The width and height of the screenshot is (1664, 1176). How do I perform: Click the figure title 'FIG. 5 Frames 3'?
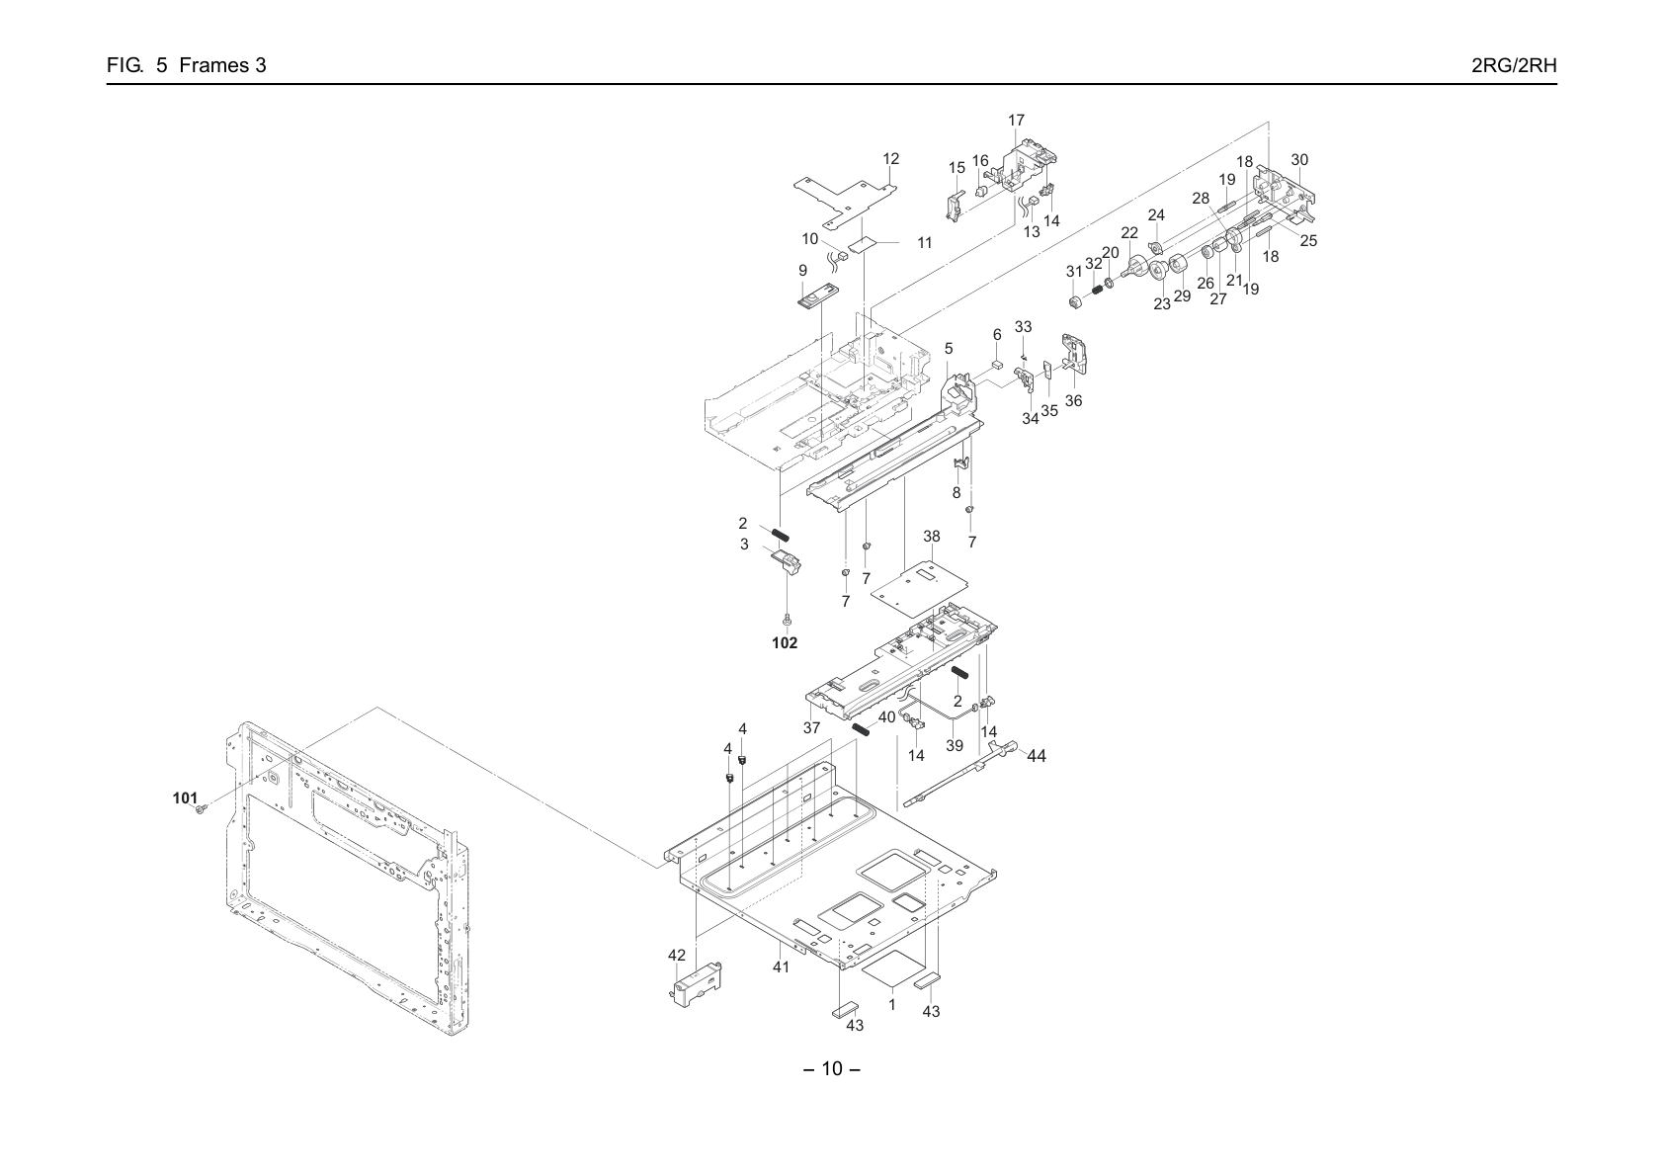coord(187,65)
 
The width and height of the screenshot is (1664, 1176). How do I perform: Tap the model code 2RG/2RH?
coord(1514,65)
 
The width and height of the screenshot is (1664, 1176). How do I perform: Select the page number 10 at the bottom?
coord(832,1069)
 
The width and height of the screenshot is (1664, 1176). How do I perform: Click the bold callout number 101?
coord(185,798)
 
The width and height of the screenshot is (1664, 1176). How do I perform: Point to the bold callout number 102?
coord(785,642)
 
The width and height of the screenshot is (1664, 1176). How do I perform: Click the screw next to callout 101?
coord(199,809)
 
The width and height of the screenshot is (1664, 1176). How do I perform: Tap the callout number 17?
coord(1016,120)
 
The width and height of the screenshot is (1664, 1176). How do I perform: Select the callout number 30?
coord(1299,160)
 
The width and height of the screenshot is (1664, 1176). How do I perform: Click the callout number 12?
coord(890,158)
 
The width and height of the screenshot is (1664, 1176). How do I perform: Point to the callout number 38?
coord(932,536)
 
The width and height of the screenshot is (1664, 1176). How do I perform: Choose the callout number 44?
coord(1037,756)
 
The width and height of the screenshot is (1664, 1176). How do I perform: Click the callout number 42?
coord(677,955)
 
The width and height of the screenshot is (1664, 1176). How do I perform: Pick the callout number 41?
coord(781,967)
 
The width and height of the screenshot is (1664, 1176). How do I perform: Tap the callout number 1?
coord(892,1004)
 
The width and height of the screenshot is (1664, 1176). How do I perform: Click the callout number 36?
coord(1073,400)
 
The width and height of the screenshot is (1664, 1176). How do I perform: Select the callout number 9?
coord(803,271)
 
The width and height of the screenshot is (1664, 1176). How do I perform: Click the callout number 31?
coord(1074,271)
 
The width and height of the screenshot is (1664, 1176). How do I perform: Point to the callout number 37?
coord(811,728)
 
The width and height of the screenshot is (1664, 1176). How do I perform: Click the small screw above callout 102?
coord(787,618)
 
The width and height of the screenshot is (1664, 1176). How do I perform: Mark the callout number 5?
coord(949,349)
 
